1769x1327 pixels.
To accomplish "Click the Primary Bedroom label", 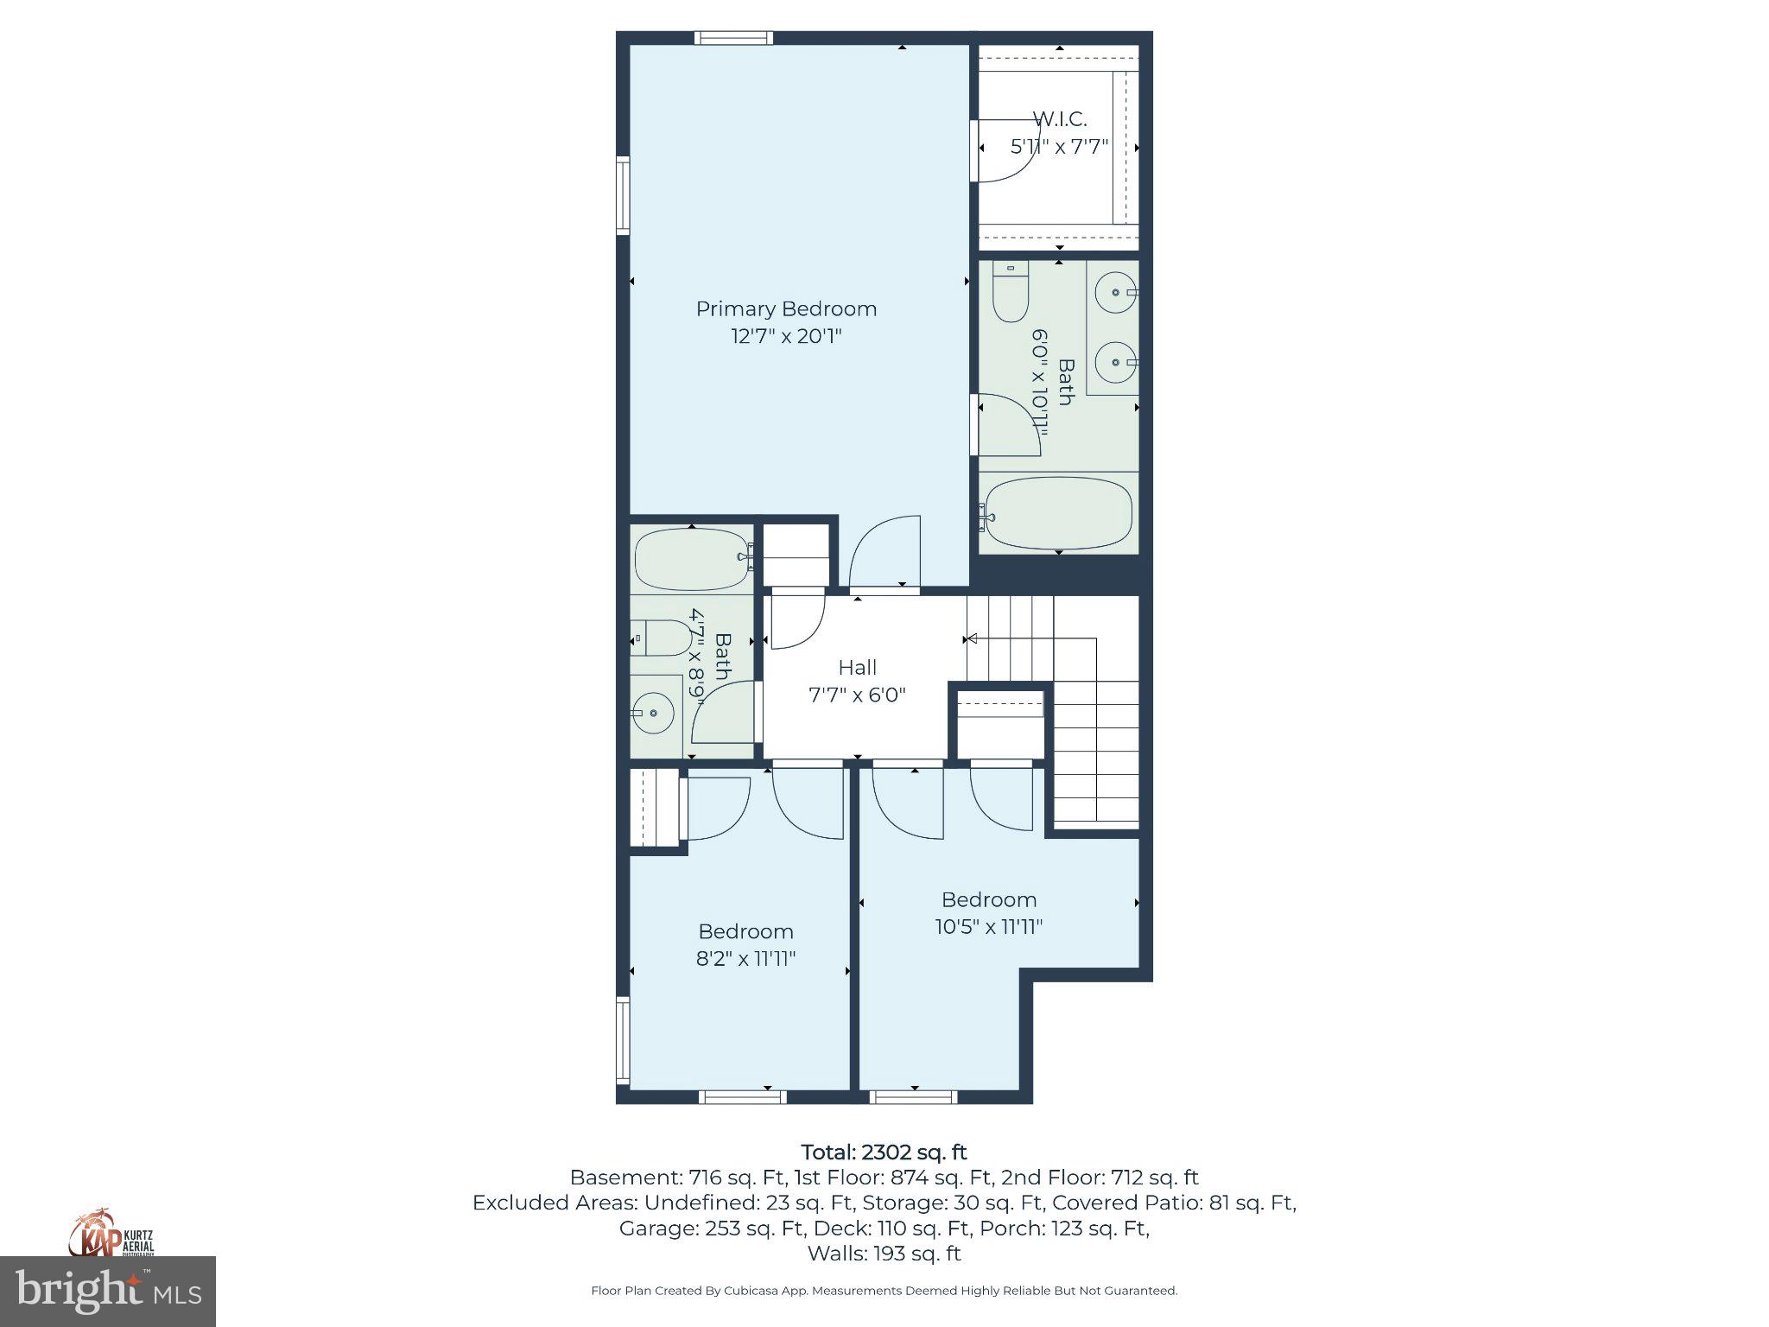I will [786, 308].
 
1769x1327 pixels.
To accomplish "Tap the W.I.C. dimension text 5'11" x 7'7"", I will [1059, 147].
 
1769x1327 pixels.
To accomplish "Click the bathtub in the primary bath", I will [1059, 512].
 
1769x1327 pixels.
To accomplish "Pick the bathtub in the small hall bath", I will [691, 559].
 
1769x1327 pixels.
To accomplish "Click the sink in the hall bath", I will [654, 713].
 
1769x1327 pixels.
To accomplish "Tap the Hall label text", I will [857, 667].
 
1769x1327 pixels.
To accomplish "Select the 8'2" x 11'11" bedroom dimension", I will [745, 958].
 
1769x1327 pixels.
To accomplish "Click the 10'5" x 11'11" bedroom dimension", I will [988, 926].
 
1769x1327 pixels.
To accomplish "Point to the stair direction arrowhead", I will [971, 639].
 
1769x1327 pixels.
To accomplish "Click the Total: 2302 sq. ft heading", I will [884, 1152].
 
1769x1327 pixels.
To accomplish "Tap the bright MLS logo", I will [107, 1291].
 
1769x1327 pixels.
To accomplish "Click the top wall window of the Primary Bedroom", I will [733, 38].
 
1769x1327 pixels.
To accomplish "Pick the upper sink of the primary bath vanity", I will [1115, 293].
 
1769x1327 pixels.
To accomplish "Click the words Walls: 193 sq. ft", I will [884, 1253].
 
